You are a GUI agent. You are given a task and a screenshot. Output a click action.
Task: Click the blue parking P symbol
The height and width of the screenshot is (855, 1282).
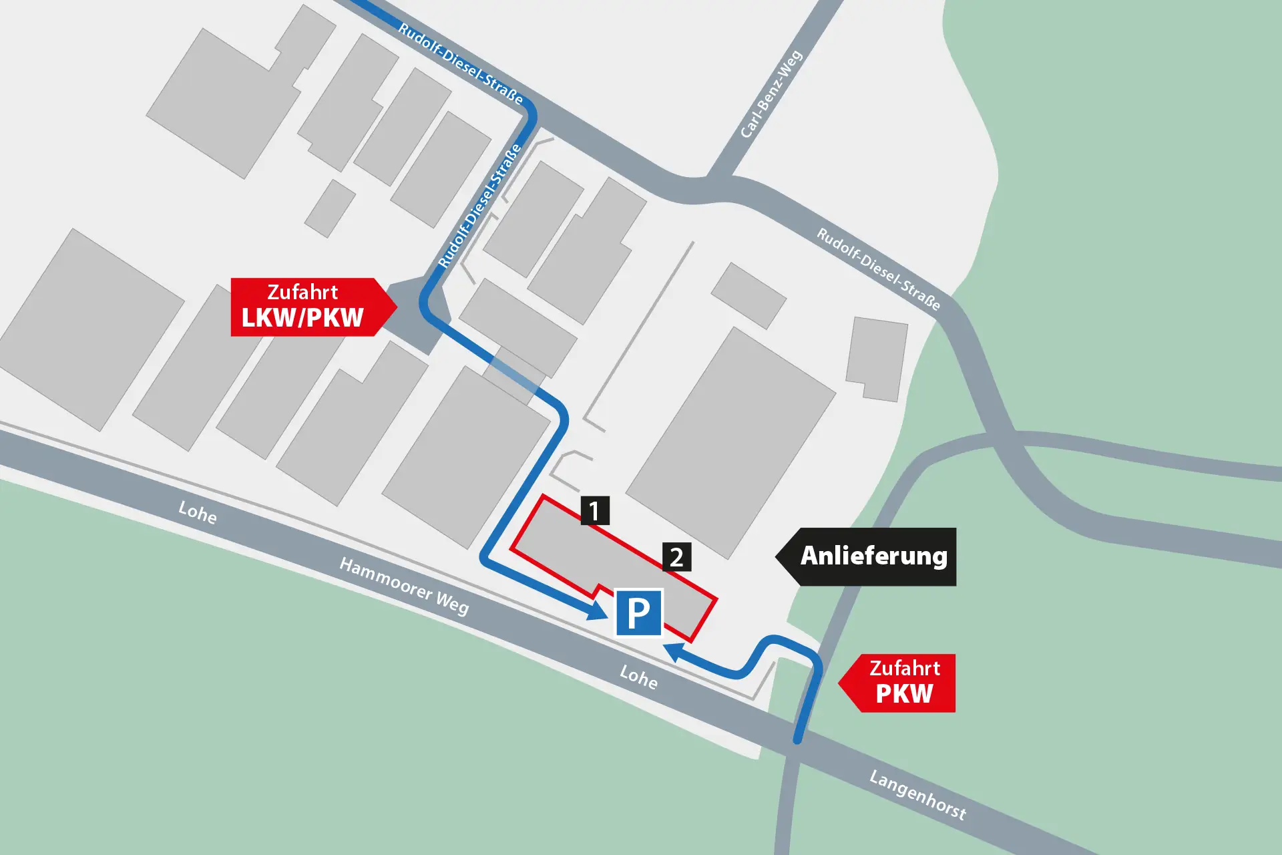(638, 613)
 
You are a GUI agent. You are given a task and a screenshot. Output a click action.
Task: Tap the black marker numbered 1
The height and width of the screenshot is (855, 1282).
(594, 511)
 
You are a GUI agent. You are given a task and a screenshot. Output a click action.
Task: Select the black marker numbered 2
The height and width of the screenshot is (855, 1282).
(676, 557)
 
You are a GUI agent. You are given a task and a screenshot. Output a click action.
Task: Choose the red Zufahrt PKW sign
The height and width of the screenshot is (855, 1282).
(901, 683)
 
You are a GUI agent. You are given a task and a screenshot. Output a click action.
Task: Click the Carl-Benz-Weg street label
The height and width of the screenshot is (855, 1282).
(771, 94)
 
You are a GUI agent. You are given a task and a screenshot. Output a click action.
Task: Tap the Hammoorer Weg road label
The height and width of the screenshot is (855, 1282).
(404, 586)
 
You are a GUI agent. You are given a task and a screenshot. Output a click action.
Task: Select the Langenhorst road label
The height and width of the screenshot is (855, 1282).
(917, 795)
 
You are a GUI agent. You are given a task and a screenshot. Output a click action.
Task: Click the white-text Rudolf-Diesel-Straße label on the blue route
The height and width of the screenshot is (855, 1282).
(480, 206)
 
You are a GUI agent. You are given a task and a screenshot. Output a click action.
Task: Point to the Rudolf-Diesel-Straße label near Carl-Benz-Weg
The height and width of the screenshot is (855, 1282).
(878, 269)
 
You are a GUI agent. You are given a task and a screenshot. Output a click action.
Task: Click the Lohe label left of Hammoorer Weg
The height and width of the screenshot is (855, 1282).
(198, 512)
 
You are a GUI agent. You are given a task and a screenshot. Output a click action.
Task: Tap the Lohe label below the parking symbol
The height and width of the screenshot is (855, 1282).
(638, 677)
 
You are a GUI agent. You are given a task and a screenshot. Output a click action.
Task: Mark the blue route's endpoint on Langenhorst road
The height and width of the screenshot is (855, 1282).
(797, 739)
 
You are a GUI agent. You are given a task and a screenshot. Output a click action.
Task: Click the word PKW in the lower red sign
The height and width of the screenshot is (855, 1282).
(904, 694)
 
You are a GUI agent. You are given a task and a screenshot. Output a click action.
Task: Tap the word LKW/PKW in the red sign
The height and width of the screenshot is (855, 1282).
(302, 318)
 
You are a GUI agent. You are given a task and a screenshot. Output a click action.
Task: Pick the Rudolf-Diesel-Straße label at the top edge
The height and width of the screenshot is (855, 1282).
(460, 63)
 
